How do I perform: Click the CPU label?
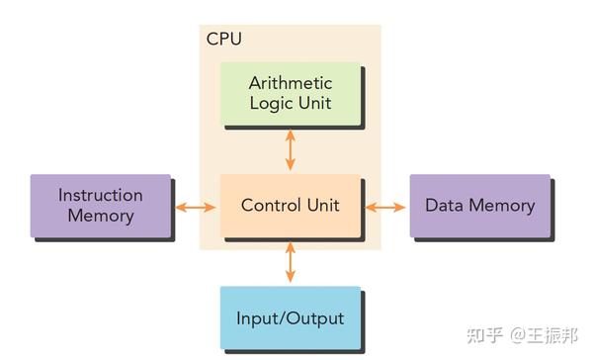point(223,40)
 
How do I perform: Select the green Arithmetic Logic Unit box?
point(290,94)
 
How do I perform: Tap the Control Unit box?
point(290,207)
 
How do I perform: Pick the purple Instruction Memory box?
point(100,206)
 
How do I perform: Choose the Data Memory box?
point(479,206)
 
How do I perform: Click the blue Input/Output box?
point(290,318)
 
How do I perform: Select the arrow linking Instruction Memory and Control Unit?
point(195,207)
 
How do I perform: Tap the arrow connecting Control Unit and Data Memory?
point(385,207)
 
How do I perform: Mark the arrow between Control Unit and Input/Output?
point(290,263)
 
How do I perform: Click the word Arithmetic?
point(290,83)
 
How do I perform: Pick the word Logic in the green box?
point(265,103)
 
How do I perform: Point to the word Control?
point(271,206)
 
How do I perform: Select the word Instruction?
point(100,195)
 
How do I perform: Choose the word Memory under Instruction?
point(100,216)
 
